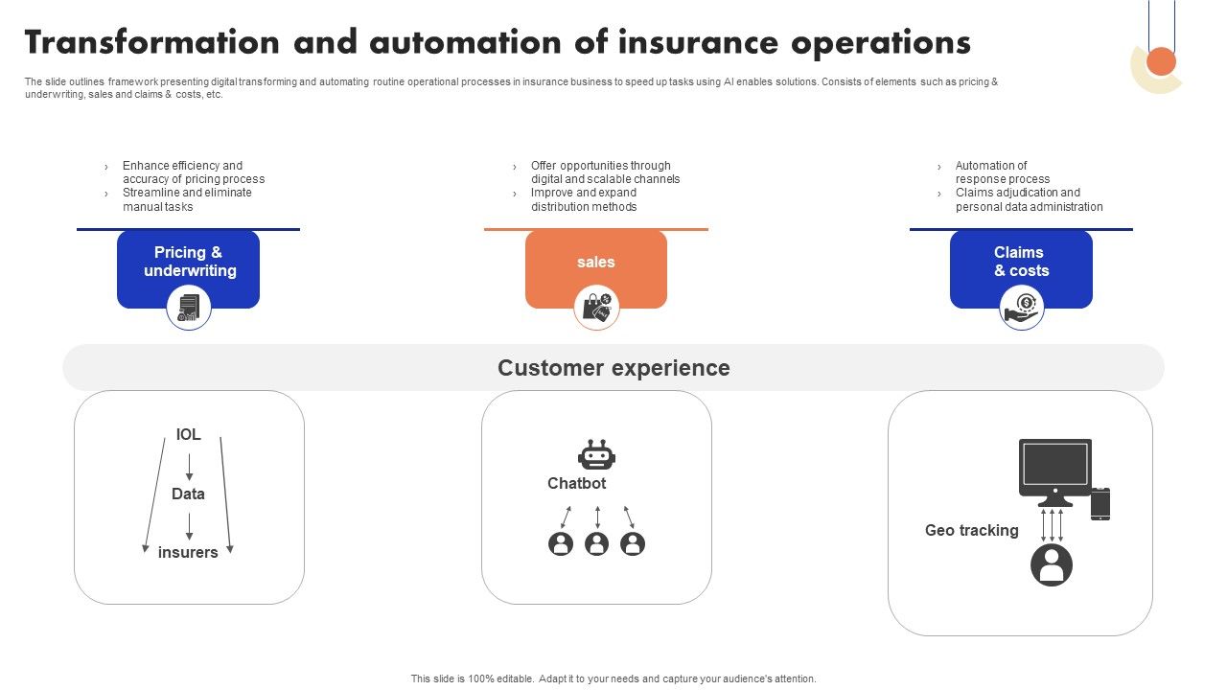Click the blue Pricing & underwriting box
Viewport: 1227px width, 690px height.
(188, 262)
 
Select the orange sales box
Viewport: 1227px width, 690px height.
(595, 263)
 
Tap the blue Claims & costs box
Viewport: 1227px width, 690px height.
(1021, 262)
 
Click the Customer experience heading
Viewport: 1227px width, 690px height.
(613, 368)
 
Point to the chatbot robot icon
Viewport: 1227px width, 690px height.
(596, 455)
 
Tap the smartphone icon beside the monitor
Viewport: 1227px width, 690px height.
(1100, 504)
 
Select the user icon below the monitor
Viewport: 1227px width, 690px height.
(1052, 564)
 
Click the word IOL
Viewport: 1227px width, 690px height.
(189, 435)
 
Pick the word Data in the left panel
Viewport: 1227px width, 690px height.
(188, 494)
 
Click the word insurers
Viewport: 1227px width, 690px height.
(188, 553)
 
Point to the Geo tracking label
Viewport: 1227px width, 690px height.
(971, 531)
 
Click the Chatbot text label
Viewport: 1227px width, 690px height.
(576, 484)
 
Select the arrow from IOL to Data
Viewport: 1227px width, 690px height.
(189, 466)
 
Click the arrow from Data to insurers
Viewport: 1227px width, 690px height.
(189, 525)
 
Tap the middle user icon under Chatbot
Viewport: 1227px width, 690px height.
(596, 544)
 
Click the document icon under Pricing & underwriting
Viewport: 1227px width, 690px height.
(189, 309)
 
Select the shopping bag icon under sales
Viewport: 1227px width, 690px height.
(596, 309)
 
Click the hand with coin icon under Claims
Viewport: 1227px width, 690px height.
(1022, 309)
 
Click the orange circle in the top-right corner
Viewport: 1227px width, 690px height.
(1162, 61)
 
